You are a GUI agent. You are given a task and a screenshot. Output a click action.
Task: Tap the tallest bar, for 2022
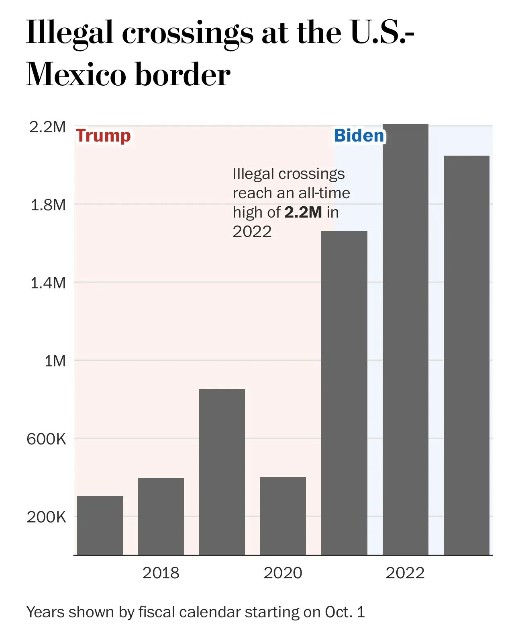(x=405, y=340)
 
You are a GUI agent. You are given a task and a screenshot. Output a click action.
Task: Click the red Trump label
(x=103, y=136)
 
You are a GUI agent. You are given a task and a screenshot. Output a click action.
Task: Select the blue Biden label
(x=359, y=136)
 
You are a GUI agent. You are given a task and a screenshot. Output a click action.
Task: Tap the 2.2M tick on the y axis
(x=47, y=127)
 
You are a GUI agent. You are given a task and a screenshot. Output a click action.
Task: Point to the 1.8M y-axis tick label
(x=48, y=205)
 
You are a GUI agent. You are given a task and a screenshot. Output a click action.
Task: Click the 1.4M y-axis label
(x=48, y=283)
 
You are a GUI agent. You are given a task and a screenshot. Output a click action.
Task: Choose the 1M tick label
(x=55, y=361)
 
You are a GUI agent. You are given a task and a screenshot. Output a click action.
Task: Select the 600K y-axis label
(x=46, y=439)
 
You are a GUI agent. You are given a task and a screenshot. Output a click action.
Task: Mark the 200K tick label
(x=46, y=517)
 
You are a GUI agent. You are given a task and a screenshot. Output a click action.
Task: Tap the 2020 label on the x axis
(x=283, y=573)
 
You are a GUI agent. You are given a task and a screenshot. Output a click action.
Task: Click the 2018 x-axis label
(x=161, y=573)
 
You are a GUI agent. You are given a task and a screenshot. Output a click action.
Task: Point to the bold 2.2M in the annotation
(x=303, y=212)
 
